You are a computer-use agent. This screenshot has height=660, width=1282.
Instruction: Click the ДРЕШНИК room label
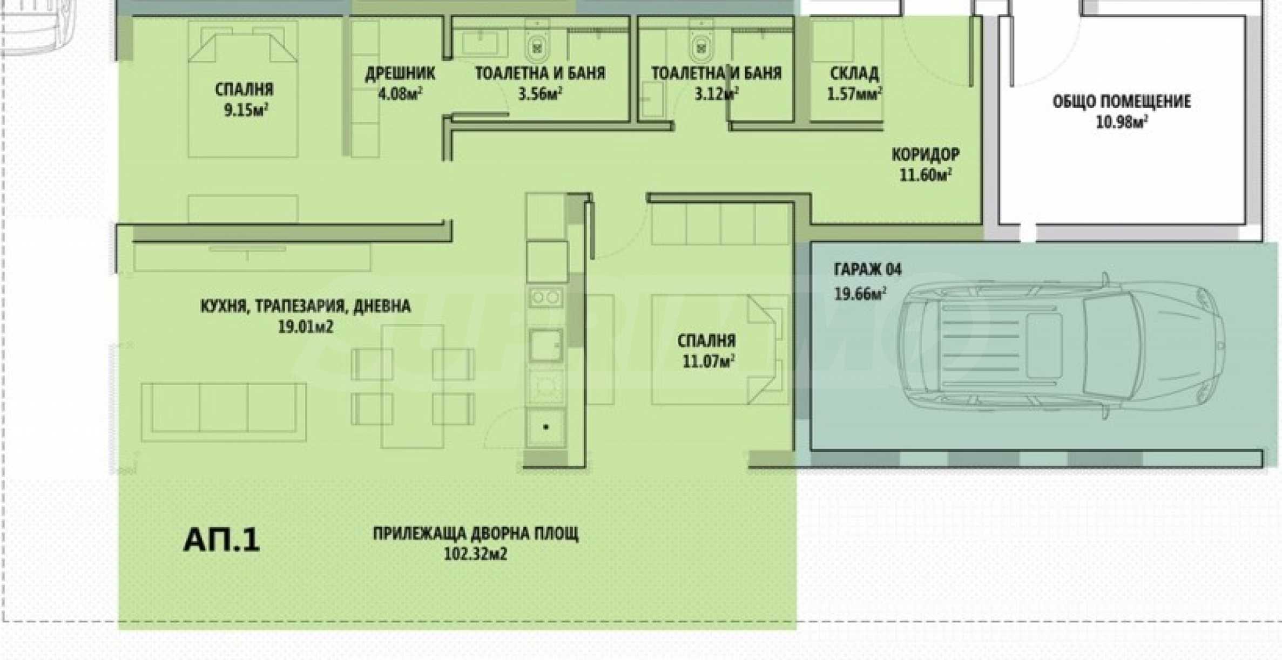tap(400, 73)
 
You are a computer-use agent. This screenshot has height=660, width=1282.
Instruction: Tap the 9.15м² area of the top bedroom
tap(246, 111)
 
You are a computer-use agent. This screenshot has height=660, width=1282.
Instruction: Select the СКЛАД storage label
tap(854, 73)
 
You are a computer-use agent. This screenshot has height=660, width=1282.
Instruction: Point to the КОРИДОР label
tap(925, 155)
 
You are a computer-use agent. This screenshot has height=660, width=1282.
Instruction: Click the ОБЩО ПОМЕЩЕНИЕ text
tap(1121, 101)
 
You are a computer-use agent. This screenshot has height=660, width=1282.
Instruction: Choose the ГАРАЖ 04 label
tap(867, 269)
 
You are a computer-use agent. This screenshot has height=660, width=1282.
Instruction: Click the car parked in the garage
tap(1061, 345)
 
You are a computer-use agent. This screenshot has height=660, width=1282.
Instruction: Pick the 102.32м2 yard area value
tap(475, 554)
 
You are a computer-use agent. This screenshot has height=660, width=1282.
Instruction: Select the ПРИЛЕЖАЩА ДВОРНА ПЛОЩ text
tap(475, 533)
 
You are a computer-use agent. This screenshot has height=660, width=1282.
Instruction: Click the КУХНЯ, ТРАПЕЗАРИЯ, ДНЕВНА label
tap(305, 307)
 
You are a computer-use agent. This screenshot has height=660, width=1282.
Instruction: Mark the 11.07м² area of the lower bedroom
tap(708, 361)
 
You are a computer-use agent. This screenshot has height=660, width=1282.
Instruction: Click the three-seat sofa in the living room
tap(224, 412)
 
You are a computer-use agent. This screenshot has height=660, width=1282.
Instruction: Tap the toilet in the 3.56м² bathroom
tap(537, 44)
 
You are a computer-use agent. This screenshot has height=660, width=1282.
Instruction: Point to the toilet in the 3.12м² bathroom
tap(701, 44)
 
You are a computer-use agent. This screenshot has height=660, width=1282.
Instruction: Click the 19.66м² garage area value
tap(860, 294)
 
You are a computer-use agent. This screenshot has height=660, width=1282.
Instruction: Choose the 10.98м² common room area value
tap(1121, 122)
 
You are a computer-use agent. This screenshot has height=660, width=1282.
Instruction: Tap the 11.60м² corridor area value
tap(925, 175)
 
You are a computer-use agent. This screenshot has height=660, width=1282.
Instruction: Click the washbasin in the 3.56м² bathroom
tap(484, 42)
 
